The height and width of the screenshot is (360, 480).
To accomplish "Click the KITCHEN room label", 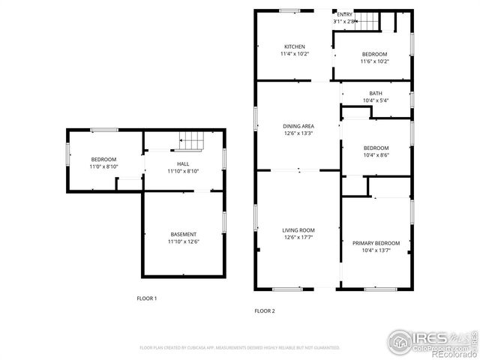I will [x=294, y=46].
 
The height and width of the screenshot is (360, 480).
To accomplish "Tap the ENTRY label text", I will [x=344, y=14].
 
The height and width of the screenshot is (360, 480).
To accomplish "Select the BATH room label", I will [x=375, y=93].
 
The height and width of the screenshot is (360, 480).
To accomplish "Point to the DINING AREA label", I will [x=298, y=126].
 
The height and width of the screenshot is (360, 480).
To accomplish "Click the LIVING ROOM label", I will [x=298, y=230].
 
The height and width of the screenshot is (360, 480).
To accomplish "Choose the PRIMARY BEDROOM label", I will [x=376, y=243].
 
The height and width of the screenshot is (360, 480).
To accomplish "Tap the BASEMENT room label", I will [x=183, y=235].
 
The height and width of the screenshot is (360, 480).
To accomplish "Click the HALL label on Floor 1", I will [x=183, y=163].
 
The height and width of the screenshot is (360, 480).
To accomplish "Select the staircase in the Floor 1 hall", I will [x=192, y=139].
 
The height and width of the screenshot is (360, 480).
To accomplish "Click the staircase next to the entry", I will [x=367, y=21].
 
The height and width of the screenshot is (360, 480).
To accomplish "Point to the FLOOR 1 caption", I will [x=146, y=298].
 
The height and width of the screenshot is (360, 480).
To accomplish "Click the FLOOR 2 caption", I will [x=264, y=310].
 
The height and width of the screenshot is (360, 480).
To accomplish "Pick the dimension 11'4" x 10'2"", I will [x=294, y=54].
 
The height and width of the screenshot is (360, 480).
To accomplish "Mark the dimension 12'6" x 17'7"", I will [x=298, y=238].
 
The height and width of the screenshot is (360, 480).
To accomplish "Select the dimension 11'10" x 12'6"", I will [x=183, y=242].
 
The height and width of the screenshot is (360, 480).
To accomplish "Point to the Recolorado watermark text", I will [x=448, y=353].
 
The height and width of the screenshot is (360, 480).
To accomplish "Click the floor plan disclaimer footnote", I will [x=239, y=347].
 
